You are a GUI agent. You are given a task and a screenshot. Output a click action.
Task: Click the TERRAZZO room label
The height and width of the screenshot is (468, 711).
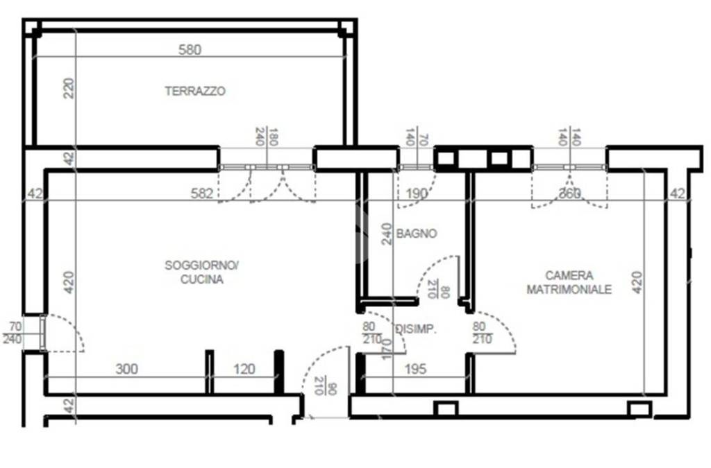coord(195,91)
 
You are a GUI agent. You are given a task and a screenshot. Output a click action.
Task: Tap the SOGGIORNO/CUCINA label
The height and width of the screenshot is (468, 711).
coord(202,272)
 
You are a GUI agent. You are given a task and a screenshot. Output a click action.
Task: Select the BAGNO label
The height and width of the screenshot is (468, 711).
coord(417,234)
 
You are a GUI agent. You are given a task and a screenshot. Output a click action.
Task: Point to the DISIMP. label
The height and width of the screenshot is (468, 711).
coord(416,330)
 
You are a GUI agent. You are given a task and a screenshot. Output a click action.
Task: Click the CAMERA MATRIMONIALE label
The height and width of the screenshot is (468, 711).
coord(569,282)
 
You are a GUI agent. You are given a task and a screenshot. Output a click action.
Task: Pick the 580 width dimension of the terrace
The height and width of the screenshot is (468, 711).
coord(190,50)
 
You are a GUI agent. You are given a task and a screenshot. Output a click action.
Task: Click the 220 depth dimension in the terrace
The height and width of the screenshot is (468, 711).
coord(68,88)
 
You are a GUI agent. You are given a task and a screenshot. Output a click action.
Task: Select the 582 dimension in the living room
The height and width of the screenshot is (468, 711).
coord(201,193)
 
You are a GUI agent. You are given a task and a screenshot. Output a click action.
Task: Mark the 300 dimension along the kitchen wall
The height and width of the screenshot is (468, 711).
coord(126,369)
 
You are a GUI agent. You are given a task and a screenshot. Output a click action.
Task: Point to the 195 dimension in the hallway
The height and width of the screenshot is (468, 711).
coord(415,369)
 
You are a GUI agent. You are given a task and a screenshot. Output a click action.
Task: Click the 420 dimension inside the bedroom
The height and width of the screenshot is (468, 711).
coord(637,282)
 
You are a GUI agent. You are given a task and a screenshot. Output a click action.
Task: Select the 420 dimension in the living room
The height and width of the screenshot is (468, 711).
coord(68,282)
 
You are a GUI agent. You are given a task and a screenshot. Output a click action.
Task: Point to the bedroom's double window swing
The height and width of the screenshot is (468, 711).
coord(569,191)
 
